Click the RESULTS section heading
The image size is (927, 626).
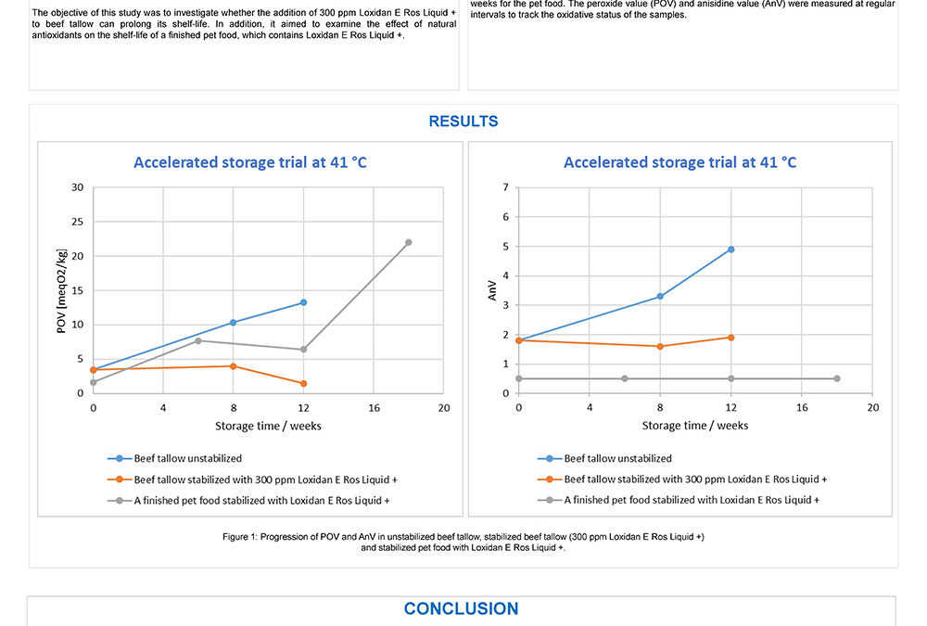coord(463,121)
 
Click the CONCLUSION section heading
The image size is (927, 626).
coord(461,609)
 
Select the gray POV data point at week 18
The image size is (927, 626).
coord(408,242)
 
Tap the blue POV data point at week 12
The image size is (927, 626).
coord(303,302)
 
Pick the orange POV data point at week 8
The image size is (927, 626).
coord(233,366)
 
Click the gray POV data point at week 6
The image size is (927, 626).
coord(197,340)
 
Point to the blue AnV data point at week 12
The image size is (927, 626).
coord(730,249)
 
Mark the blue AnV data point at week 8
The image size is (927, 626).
coord(660,296)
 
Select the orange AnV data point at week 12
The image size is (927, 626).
coord(730,338)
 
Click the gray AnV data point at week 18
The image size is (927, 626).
coord(836,378)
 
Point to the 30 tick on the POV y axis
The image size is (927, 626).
coord(78,187)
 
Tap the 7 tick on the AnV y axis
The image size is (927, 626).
coord(504,187)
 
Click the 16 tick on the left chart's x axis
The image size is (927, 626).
coord(374,408)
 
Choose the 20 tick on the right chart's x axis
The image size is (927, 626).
coord(871,408)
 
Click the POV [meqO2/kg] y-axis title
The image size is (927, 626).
coord(61,290)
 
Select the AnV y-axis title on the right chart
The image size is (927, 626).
coord(494,290)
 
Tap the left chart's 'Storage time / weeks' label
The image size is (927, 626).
coord(268,426)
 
